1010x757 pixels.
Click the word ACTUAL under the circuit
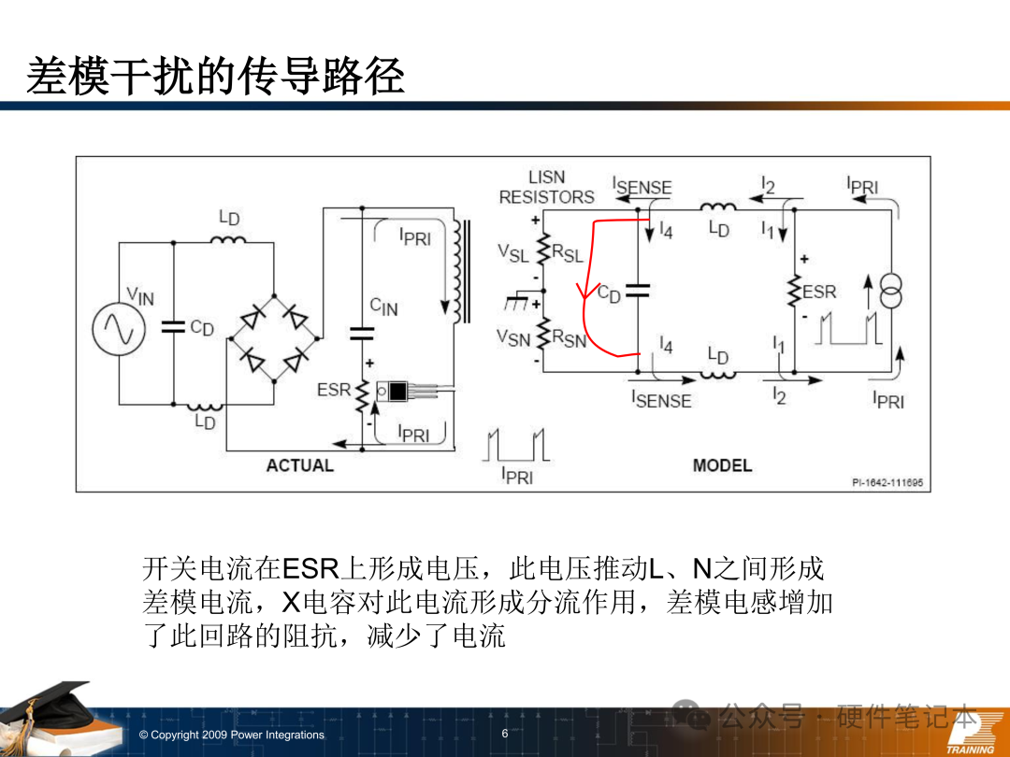[299, 464]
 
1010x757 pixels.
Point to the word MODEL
[722, 464]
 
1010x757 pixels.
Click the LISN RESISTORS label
[546, 187]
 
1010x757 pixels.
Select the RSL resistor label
[568, 252]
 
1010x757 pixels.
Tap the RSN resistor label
[569, 340]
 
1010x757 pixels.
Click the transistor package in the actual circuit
[395, 391]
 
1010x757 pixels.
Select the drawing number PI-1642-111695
[887, 482]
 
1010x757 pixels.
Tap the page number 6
[505, 734]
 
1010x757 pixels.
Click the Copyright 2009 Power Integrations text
[231, 735]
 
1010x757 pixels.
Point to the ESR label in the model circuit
[819, 292]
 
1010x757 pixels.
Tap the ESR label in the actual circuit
[334, 390]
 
